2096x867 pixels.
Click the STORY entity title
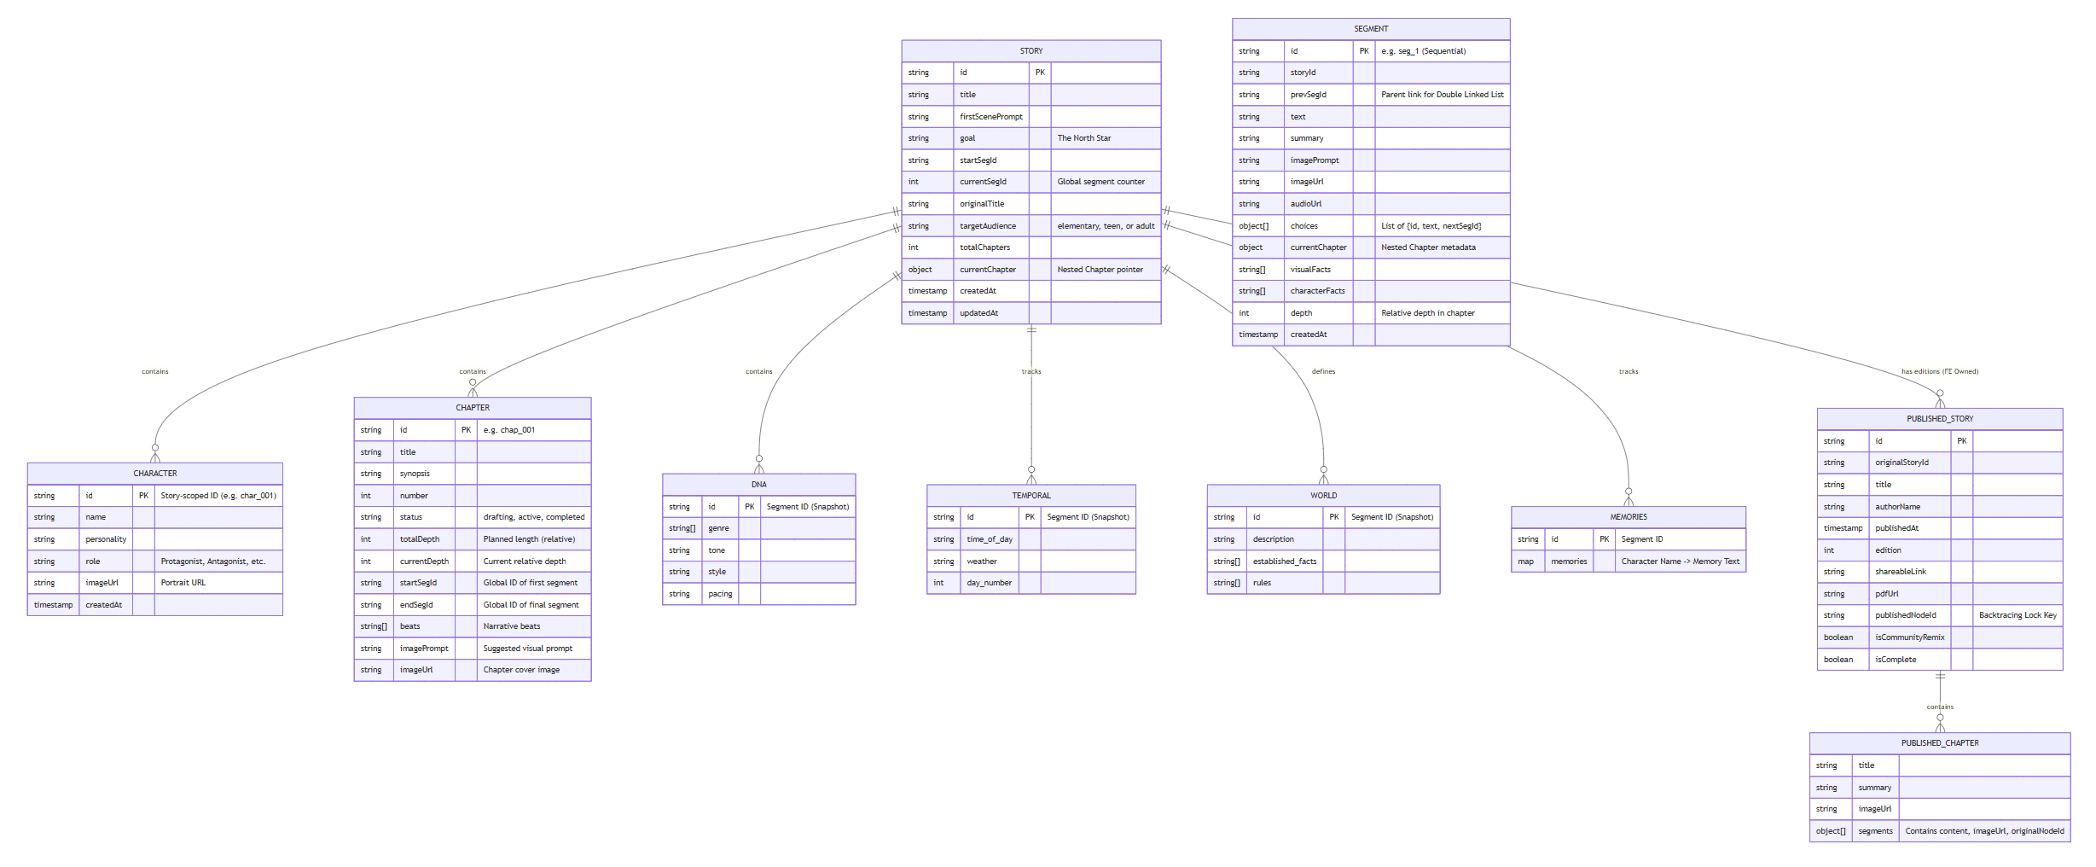coord(1031,51)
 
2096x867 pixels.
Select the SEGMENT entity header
coord(1370,29)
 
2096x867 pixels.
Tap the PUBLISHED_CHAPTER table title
coord(1939,743)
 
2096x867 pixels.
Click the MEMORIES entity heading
coord(1628,517)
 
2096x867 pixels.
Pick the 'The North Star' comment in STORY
coord(1083,138)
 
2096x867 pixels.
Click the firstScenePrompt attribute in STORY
coord(990,117)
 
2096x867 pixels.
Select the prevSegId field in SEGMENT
coord(1308,95)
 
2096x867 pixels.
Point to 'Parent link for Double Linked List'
coord(1442,95)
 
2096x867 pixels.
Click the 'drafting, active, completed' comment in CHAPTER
coord(533,517)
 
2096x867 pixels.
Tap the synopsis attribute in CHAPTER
coord(415,474)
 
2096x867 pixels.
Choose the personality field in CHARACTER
coord(106,539)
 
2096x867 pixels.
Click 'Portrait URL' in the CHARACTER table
coord(183,583)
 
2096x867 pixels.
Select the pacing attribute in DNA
coord(719,594)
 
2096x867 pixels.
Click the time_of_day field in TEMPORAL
coord(989,539)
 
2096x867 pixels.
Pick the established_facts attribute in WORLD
coord(1284,562)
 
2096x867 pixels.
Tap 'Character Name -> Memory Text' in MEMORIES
coord(1680,562)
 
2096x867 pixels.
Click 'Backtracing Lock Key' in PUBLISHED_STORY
coord(2017,615)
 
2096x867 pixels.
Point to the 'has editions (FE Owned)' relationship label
coord(1939,372)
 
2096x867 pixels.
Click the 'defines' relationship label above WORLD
coord(1323,372)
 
